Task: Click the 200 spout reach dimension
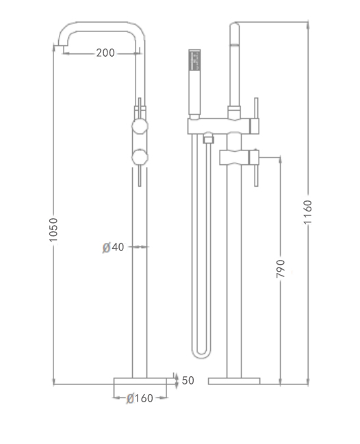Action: pyautogui.click(x=105, y=53)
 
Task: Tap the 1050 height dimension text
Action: pyautogui.click(x=53, y=230)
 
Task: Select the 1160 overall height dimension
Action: pyautogui.click(x=307, y=212)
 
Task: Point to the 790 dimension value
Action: pyautogui.click(x=280, y=268)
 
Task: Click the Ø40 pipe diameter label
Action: pyautogui.click(x=114, y=247)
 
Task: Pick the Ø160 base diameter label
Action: pyautogui.click(x=140, y=398)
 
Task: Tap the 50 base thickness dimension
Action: pyautogui.click(x=188, y=380)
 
